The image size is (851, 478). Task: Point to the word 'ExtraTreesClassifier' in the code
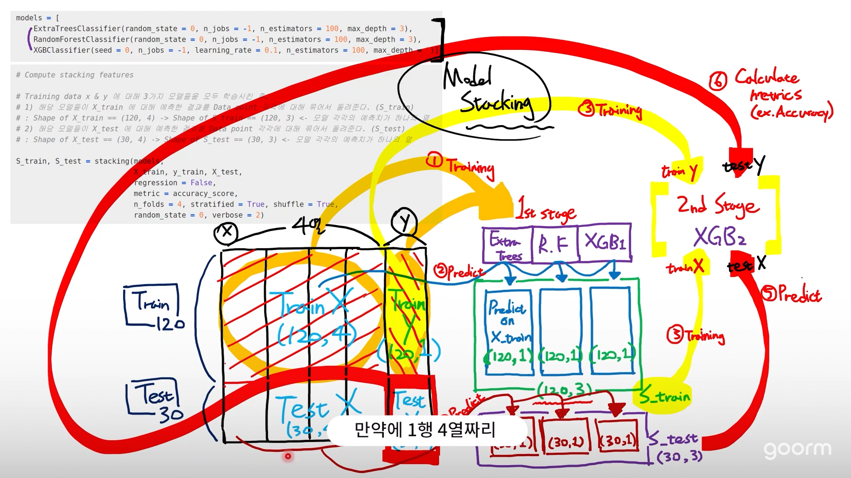tap(77, 29)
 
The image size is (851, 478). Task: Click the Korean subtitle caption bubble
tap(425, 430)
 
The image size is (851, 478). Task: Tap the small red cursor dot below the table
tap(288, 456)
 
